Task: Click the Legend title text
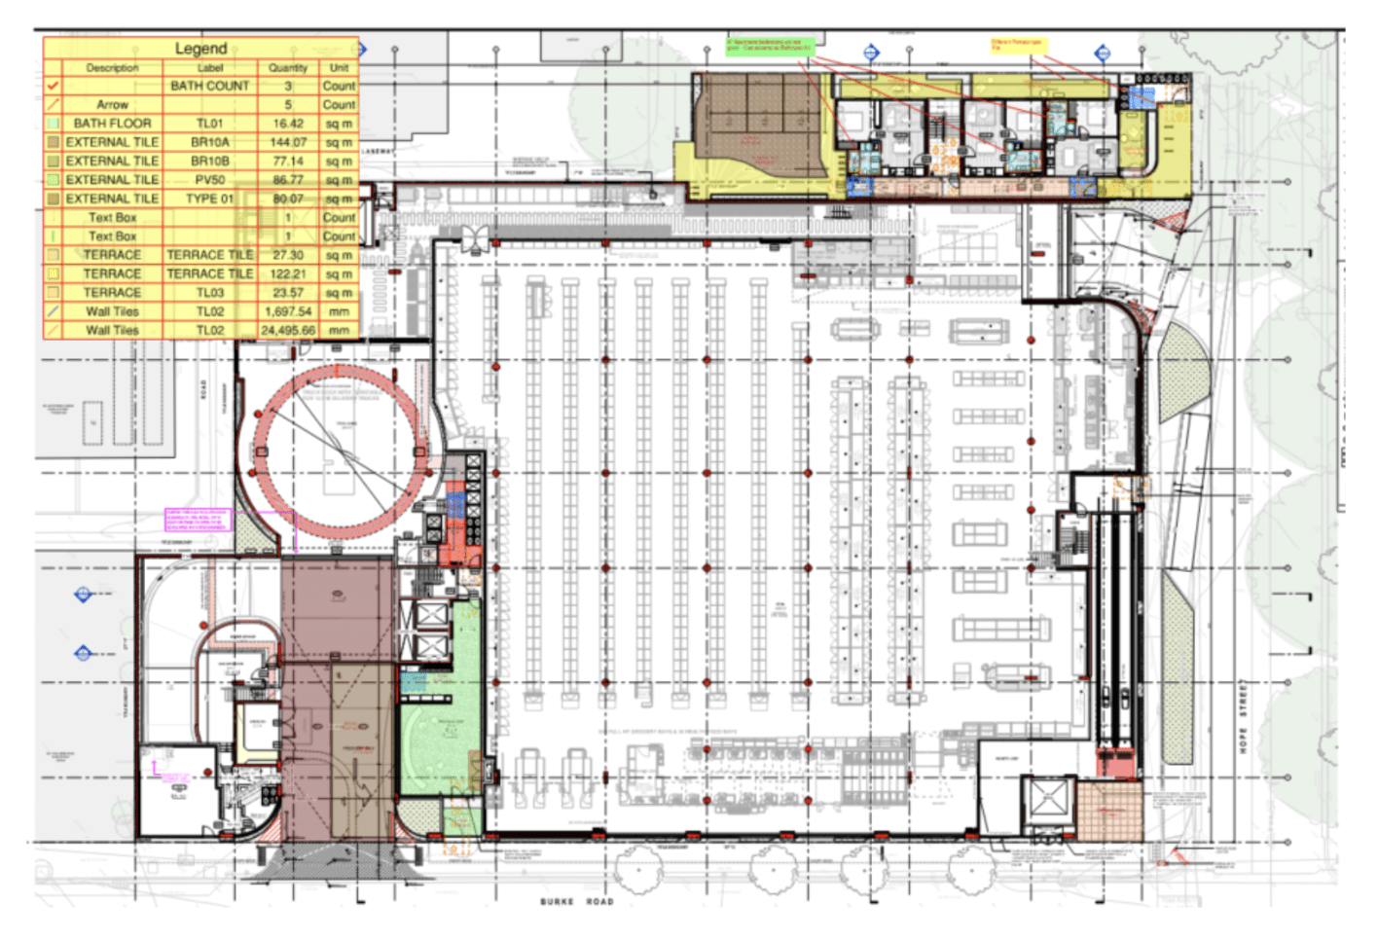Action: point(200,49)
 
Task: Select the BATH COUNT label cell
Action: point(210,86)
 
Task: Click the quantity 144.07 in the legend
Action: point(288,142)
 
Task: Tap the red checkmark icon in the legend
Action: point(54,86)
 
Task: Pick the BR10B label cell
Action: point(210,162)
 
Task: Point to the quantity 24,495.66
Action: point(288,331)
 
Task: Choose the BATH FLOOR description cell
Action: point(112,124)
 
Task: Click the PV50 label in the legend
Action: point(210,180)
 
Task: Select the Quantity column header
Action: point(288,68)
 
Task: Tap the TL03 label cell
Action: point(210,293)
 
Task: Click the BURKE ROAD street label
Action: point(577,902)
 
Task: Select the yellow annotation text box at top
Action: point(1017,45)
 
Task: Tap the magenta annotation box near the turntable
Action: point(198,520)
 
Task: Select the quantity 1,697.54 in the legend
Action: point(288,312)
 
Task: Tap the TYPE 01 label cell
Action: point(210,199)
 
